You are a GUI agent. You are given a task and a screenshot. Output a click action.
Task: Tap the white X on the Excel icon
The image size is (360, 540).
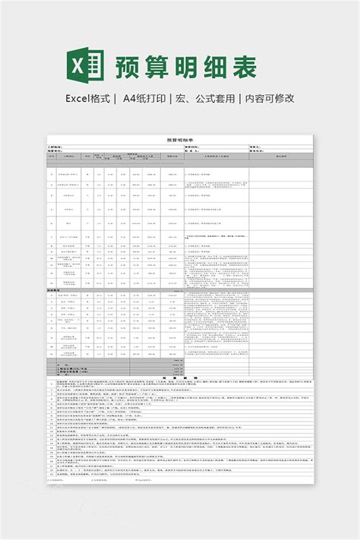77,66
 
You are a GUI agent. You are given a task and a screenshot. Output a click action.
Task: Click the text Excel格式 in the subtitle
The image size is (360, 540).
89,99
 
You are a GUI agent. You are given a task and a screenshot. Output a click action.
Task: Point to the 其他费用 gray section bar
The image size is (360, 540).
54,290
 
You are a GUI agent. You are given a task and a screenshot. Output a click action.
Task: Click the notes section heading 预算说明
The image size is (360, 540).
179,377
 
